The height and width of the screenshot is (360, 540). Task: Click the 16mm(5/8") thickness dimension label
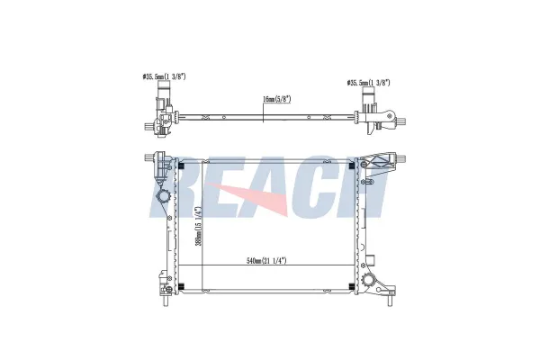(x=277, y=99)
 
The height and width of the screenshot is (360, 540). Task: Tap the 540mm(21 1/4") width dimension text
(x=266, y=260)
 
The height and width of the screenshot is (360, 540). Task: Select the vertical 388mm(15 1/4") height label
(x=198, y=226)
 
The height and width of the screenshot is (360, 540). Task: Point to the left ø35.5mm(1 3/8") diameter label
(x=164, y=76)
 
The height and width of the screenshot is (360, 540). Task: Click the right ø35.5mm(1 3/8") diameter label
(x=368, y=83)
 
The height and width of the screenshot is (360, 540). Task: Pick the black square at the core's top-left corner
(x=182, y=166)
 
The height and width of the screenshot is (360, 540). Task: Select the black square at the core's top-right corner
(x=352, y=166)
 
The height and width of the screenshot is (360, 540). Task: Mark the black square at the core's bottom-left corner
(x=182, y=285)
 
